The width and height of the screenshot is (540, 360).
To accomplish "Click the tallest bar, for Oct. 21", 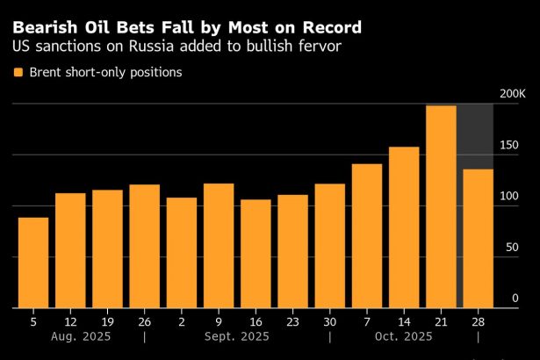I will pos(441,207).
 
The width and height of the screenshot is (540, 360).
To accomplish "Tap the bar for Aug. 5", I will pos(33,263).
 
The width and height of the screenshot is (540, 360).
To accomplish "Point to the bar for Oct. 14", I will pos(404,227).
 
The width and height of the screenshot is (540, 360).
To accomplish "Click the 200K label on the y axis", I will pos(511,94).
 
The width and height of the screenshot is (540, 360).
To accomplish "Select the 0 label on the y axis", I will pos(516,299).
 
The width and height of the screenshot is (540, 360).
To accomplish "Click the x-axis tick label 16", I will pos(256,320).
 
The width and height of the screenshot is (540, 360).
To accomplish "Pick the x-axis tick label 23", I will pos(292,320).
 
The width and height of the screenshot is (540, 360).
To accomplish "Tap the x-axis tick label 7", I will pos(367,320).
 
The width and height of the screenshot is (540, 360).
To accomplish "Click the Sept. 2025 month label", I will pos(237,336).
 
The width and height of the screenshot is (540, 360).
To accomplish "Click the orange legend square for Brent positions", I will pos(18,73).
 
